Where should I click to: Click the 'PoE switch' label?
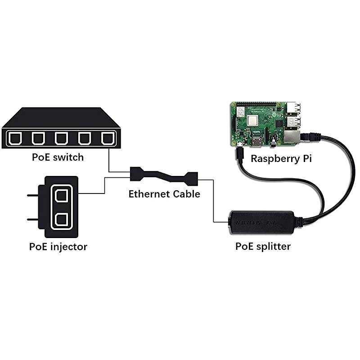[x=58, y=157]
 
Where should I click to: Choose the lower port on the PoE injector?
[x=62, y=220]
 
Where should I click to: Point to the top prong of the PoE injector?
[x=33, y=196]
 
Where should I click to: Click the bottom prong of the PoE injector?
[x=33, y=219]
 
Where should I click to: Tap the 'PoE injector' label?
[x=58, y=247]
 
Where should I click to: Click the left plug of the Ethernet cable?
[x=136, y=173]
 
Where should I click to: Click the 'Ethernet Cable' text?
[x=164, y=194]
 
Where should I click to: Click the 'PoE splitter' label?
[x=263, y=246]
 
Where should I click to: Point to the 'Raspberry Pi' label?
[x=281, y=158]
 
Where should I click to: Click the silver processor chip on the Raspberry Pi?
[x=253, y=121]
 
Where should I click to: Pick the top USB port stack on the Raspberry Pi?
[x=293, y=108]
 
